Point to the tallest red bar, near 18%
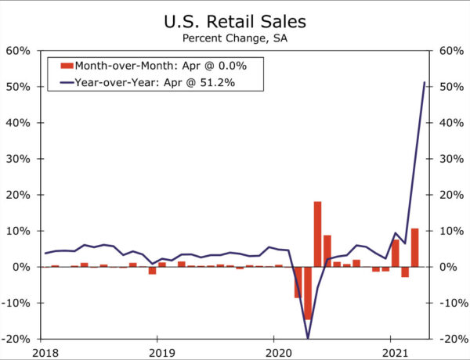click(x=317, y=234)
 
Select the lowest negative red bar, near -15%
click(x=308, y=293)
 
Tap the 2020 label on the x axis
click(x=274, y=351)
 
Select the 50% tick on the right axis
click(x=453, y=87)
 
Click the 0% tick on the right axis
click(x=450, y=267)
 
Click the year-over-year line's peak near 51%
click(x=425, y=82)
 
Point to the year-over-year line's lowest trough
click(x=308, y=337)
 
